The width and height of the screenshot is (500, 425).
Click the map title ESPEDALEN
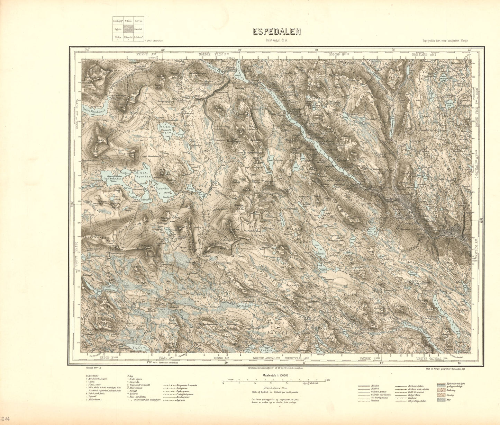tap(276, 32)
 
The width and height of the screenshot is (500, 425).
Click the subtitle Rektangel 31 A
tap(276, 40)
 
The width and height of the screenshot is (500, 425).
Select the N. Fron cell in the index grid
tap(128, 21)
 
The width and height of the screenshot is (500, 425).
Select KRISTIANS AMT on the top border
tap(424, 55)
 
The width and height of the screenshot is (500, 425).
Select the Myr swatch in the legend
tap(441, 399)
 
